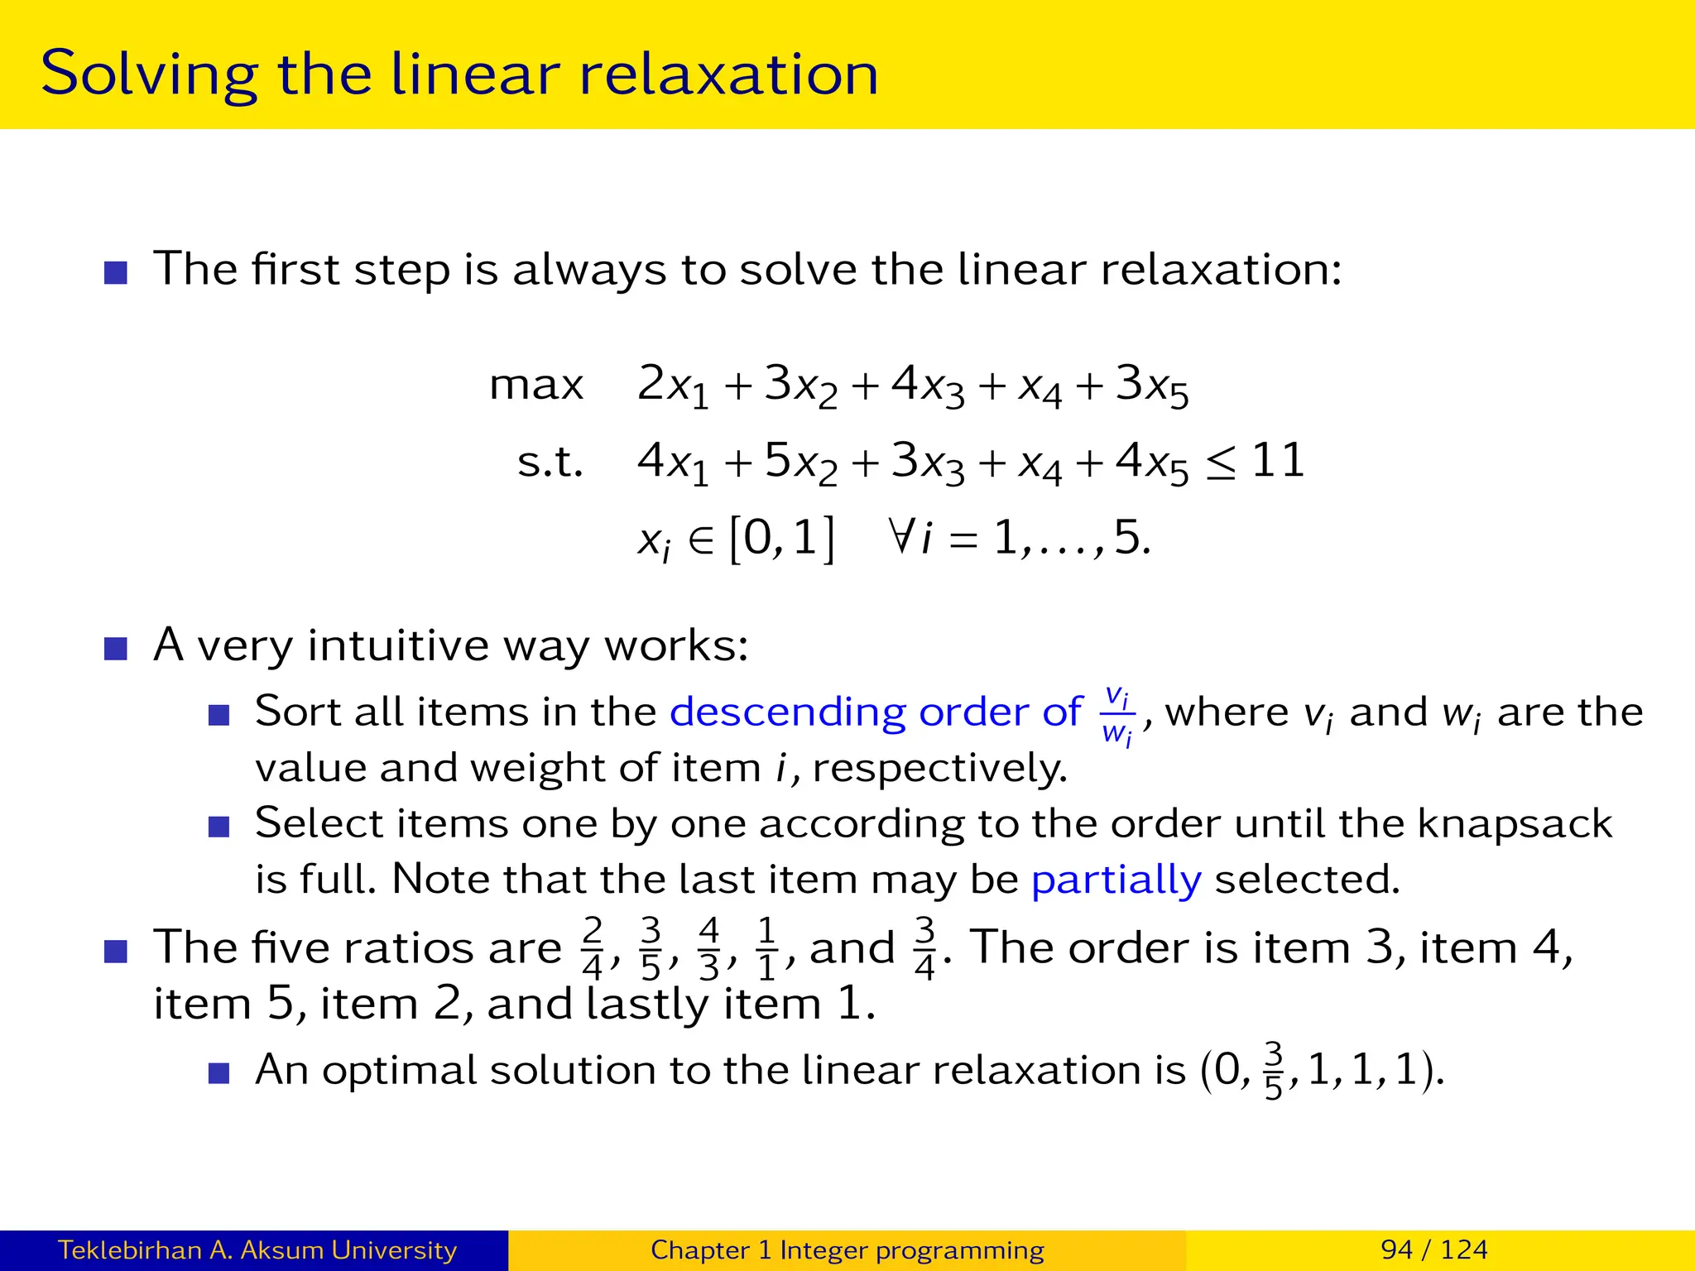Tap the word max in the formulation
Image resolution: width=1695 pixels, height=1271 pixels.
[536, 386]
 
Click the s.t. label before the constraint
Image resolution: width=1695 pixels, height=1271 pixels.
[550, 462]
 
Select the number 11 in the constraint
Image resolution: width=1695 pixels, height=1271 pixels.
[1278, 460]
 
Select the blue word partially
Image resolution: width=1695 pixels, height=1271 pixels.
[1116, 880]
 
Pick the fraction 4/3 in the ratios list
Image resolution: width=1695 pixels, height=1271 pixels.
[709, 948]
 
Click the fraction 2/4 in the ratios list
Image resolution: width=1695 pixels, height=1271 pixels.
[593, 948]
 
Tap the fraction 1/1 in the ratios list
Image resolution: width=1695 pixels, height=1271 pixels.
[767, 948]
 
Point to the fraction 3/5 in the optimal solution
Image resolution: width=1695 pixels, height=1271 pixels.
[1273, 1071]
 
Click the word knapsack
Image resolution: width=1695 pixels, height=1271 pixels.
[1515, 824]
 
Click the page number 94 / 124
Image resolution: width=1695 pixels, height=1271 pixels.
[1433, 1249]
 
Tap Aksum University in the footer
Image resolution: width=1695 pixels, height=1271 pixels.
[348, 1249]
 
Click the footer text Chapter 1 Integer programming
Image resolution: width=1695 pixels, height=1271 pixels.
[847, 1249]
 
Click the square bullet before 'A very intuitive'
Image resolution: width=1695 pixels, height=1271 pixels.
[116, 648]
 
